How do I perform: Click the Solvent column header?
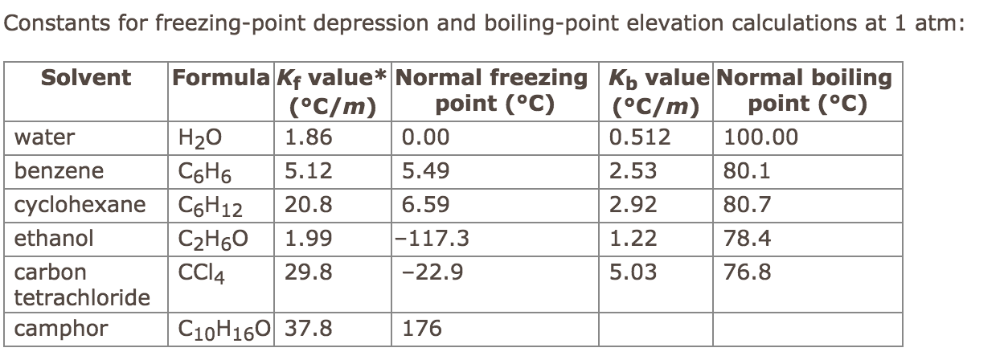(x=85, y=78)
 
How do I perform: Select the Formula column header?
(x=219, y=78)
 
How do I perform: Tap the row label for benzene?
(x=59, y=171)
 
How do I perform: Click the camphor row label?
(x=61, y=329)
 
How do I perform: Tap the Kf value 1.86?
(x=308, y=137)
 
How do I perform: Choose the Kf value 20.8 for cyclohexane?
(x=308, y=205)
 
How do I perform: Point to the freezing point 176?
(x=421, y=329)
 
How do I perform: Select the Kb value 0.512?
(x=640, y=137)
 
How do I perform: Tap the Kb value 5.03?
(x=633, y=272)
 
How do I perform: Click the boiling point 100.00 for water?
(x=761, y=137)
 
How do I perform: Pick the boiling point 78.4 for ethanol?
(x=748, y=239)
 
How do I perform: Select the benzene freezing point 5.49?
(x=425, y=171)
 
